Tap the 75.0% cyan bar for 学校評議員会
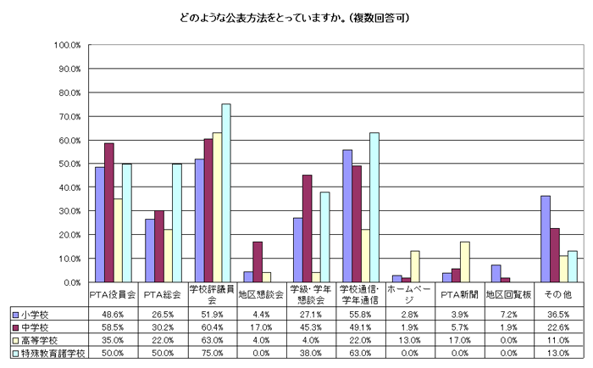click(226, 193)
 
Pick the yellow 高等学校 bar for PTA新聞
click(464, 262)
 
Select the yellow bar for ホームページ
click(414, 266)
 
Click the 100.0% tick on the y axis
click(66, 45)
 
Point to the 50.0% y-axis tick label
click(66, 164)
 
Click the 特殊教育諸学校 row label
click(47, 352)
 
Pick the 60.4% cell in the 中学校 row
click(213, 326)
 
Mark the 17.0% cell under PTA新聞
click(462, 339)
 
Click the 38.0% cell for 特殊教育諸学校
click(313, 352)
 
